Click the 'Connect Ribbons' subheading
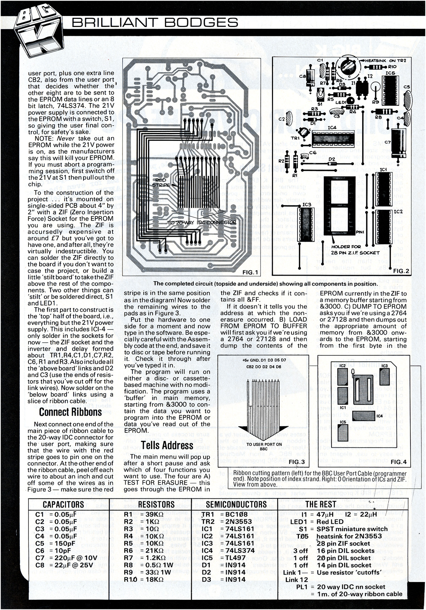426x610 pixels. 70,412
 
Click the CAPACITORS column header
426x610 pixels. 63,504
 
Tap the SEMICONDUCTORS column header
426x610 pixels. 236,504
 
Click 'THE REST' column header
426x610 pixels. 321,504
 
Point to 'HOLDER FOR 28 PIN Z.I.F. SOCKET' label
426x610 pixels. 351,249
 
